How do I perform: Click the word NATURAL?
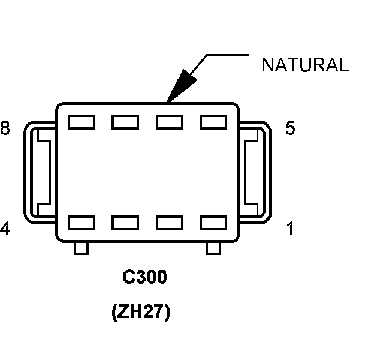point(304,65)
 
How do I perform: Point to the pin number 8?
point(5,129)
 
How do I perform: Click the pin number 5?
point(290,129)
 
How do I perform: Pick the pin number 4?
point(5,229)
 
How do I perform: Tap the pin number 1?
point(290,229)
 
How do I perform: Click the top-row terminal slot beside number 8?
point(81,122)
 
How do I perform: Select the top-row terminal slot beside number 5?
point(214,122)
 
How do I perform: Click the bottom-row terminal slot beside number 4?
point(81,223)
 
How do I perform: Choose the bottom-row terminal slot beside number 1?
point(214,223)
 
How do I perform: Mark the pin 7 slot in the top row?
point(125,122)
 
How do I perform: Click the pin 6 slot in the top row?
point(170,122)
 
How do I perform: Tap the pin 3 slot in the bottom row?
point(125,223)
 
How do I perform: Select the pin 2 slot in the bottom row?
point(170,223)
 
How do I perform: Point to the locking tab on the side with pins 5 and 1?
point(255,172)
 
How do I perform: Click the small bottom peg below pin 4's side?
point(81,248)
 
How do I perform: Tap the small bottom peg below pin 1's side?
point(213,248)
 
